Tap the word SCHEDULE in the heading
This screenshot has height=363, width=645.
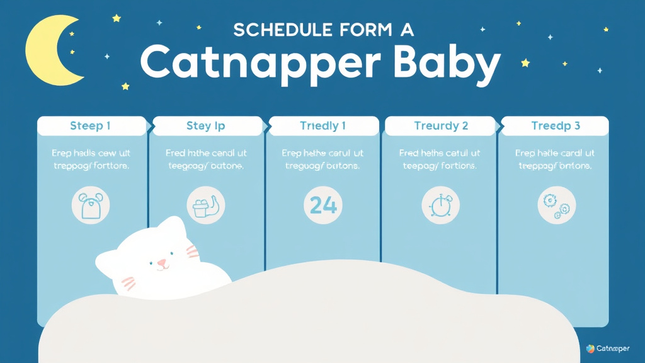tap(273, 30)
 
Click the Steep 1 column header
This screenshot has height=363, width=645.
tap(91, 126)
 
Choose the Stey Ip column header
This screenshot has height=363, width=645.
tap(206, 126)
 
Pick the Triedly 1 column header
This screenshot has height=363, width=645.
tap(322, 126)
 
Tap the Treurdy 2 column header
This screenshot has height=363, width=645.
tap(441, 126)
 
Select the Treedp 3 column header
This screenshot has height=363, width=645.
tap(555, 126)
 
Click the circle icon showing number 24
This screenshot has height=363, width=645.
tap(323, 205)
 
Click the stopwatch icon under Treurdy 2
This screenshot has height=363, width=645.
tap(440, 205)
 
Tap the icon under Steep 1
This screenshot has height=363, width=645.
tap(91, 205)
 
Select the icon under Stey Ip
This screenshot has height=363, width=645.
tap(206, 205)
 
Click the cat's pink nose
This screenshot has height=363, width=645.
tap(162, 262)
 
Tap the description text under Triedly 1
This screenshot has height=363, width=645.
tap(322, 159)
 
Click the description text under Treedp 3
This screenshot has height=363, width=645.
tap(555, 159)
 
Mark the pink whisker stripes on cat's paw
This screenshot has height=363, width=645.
tap(128, 283)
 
